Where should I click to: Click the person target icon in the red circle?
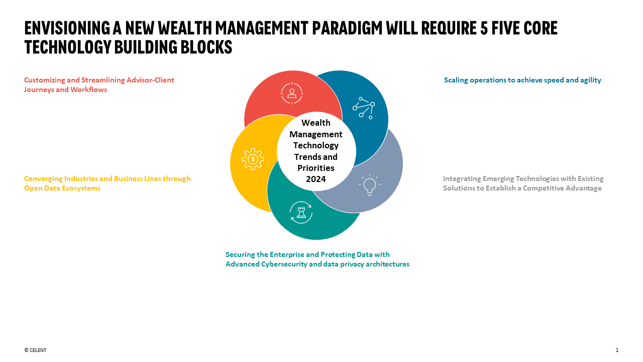292,93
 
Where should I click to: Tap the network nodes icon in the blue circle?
364,108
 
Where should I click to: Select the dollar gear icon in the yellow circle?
253,159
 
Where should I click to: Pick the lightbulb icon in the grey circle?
370,185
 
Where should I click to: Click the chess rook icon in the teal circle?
301,212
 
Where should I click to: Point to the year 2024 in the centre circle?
316,179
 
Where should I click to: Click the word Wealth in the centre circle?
316,123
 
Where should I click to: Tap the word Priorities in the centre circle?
316,168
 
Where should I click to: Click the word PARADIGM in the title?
347,28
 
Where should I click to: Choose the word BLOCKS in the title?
206,47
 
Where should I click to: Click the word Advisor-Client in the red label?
150,80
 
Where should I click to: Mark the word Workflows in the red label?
89,89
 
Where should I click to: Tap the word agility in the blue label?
591,80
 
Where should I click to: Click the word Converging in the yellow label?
43,179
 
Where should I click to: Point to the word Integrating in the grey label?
462,179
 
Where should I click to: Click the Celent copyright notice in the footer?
35,350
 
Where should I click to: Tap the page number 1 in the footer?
617,350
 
